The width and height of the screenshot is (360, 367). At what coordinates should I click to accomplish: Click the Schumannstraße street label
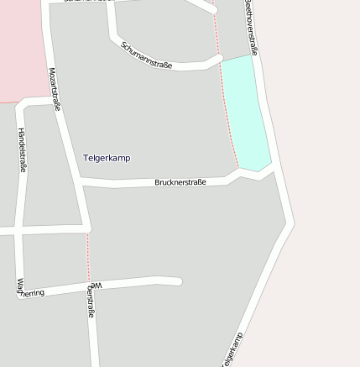tap(146, 55)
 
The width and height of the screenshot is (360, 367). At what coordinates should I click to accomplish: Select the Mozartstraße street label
tap(55, 89)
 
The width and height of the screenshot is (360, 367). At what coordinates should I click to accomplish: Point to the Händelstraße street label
tap(22, 149)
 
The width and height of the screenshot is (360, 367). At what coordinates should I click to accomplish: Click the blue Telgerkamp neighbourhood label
tap(107, 158)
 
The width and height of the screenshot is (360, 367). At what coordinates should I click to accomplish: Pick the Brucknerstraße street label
tap(180, 182)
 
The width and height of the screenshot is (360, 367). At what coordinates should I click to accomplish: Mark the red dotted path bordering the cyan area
tap(226, 109)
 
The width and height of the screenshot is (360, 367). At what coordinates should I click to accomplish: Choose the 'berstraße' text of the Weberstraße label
tap(91, 301)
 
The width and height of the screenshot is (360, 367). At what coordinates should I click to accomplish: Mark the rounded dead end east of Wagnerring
tap(177, 280)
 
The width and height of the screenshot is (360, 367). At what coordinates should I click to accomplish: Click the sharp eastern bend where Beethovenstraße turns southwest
tap(290, 223)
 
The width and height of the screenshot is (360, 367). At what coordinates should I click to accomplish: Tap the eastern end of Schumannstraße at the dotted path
tap(218, 59)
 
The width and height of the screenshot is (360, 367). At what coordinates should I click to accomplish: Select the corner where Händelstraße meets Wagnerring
tap(20, 292)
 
